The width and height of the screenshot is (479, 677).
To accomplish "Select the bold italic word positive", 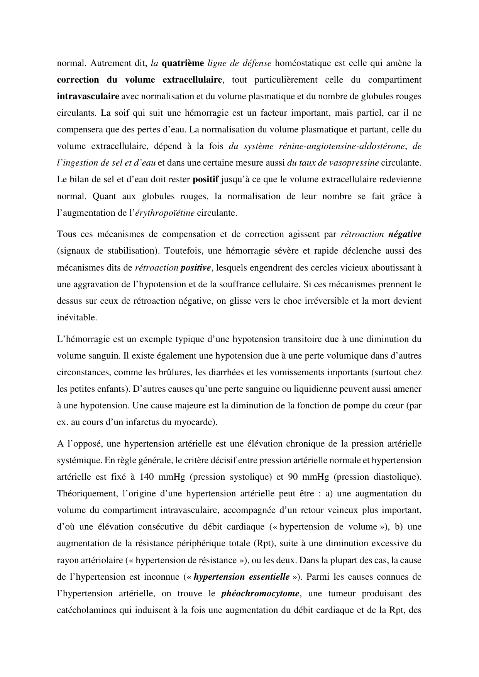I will (196, 267).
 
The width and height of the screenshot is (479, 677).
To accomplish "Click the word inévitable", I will (76, 317).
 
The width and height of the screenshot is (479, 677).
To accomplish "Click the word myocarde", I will (198, 422).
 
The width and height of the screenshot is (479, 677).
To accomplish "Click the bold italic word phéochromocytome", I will (260, 594).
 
